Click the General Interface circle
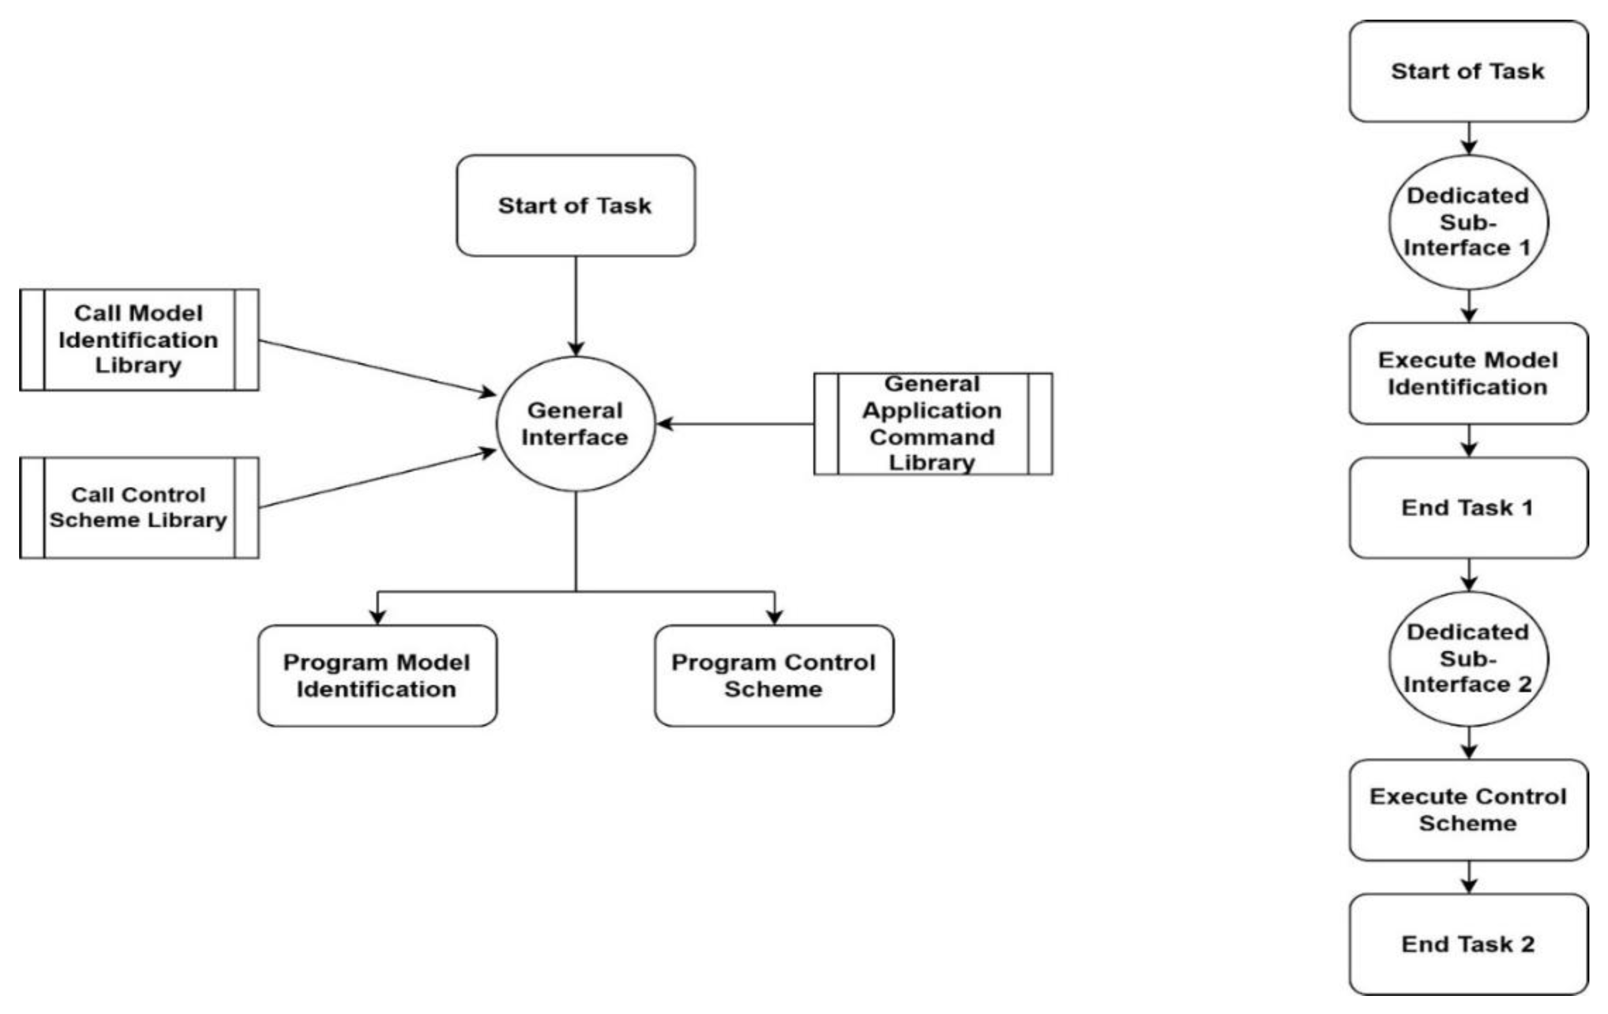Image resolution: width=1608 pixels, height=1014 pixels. [x=575, y=424]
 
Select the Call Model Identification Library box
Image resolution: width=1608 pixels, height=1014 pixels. [x=139, y=339]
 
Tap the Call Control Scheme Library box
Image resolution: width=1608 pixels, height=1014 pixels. [x=139, y=508]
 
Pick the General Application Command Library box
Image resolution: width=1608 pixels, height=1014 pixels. [x=932, y=424]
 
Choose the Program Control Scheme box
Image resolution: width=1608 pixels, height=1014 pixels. [x=773, y=675]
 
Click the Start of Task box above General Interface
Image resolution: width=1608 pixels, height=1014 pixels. [x=575, y=205]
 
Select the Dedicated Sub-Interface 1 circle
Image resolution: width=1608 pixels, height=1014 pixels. [x=1468, y=222]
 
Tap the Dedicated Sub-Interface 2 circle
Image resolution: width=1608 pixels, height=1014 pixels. [x=1468, y=658]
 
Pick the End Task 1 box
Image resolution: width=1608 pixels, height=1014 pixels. [x=1468, y=508]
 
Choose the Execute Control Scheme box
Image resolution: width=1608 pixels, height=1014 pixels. [x=1468, y=810]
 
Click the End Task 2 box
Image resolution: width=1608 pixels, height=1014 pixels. [x=1468, y=944]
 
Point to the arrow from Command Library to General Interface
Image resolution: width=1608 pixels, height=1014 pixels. [x=735, y=424]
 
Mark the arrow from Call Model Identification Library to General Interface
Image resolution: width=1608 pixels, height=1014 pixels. [x=377, y=367]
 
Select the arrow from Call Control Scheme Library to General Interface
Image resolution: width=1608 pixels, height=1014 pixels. [x=377, y=480]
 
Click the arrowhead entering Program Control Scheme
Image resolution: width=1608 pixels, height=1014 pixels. [x=774, y=616]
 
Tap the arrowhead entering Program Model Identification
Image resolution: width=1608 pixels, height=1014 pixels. [x=377, y=616]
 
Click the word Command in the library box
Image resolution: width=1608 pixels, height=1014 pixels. [x=932, y=437]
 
